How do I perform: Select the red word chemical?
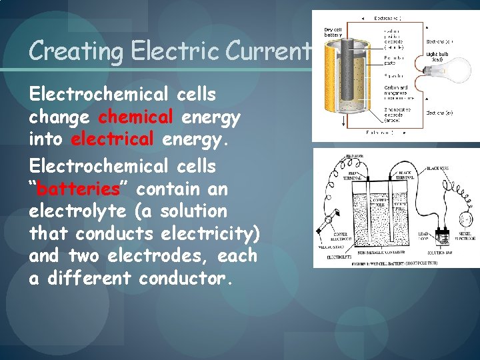[x=135, y=117]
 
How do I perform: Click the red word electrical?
[x=112, y=140]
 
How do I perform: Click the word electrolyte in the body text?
[x=78, y=211]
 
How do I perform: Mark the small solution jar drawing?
[x=441, y=238]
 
